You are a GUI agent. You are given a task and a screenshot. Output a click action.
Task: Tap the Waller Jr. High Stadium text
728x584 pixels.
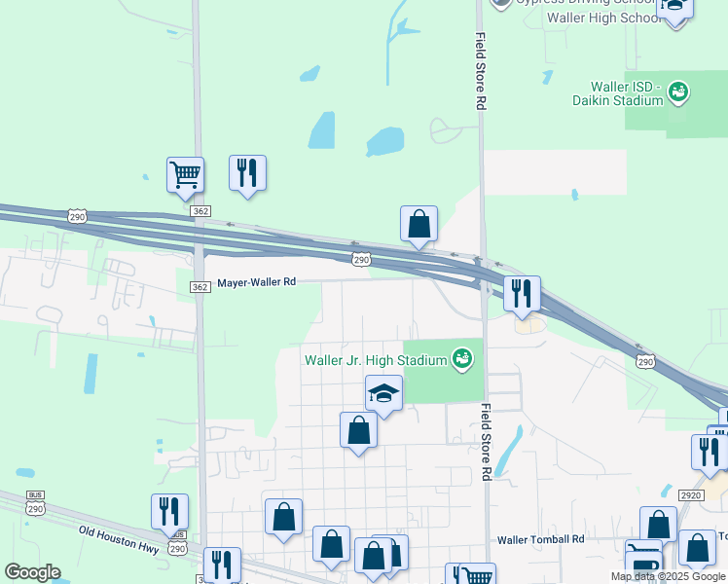375,360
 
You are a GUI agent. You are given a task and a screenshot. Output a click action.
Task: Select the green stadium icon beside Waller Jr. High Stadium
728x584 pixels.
462,360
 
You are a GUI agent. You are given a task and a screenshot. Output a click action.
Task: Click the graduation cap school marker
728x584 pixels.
384,394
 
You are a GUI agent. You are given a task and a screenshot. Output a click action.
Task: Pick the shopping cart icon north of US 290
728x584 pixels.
185,175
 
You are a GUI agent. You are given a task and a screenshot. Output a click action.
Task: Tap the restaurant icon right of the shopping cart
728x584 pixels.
247,173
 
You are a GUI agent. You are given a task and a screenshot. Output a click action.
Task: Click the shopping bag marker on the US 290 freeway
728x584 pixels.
419,225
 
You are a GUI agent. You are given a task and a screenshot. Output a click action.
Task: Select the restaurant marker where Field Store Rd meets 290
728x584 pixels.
522,293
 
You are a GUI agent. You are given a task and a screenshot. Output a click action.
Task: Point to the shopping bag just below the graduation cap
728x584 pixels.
358,429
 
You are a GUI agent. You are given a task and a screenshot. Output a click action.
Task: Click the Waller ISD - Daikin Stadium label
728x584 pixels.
626,93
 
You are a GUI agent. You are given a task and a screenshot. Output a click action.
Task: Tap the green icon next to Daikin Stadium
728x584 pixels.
679,92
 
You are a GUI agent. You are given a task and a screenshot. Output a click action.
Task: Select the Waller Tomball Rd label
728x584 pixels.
540,539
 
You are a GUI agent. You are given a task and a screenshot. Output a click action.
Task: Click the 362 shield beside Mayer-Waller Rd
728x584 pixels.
200,286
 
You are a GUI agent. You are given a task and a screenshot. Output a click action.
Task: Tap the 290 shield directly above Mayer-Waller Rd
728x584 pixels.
361,259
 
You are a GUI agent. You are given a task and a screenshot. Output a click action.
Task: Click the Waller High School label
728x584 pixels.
605,18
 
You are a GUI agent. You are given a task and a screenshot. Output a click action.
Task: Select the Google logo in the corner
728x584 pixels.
32,572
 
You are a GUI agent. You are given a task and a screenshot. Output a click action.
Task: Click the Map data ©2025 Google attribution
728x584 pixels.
667,576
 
